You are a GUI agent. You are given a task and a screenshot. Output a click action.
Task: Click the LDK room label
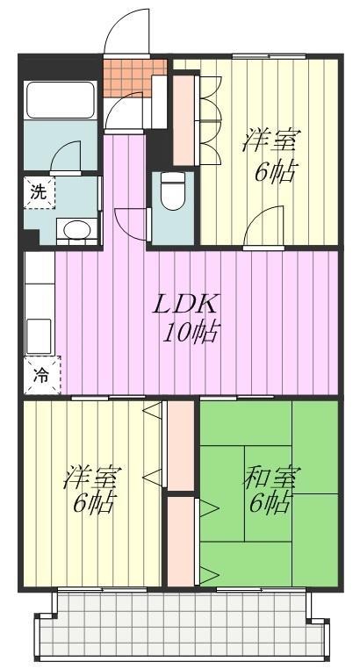(x=186, y=305)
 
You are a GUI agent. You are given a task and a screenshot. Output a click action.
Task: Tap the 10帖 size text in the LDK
(x=191, y=332)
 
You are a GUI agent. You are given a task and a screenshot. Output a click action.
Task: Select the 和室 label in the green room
(x=271, y=477)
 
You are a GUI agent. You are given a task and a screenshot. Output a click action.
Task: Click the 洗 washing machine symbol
(x=39, y=193)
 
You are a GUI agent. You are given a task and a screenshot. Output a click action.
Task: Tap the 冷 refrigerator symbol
(x=42, y=376)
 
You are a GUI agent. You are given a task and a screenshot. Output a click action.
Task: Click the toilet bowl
(x=173, y=191)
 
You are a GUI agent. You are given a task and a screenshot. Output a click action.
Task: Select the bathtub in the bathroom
(x=60, y=99)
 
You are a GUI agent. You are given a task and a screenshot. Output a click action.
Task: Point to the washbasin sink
(x=77, y=229)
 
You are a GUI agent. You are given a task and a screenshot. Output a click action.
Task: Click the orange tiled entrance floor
(x=134, y=76)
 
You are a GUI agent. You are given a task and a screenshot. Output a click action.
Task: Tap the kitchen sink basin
(x=39, y=337)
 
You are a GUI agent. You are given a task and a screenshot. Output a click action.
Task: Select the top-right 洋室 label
(x=270, y=140)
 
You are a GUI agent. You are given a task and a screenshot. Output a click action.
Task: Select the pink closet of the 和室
(x=181, y=540)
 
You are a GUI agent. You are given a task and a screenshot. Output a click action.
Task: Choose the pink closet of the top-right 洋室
(x=184, y=120)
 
